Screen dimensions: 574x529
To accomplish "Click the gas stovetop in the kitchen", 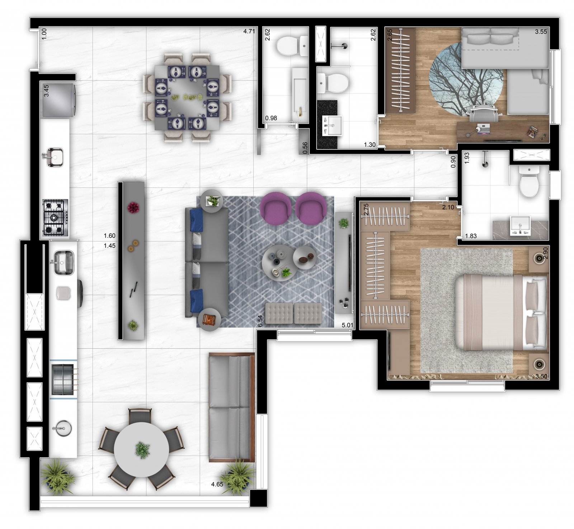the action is point(55,218).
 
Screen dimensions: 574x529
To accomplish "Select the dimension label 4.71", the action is point(249,31).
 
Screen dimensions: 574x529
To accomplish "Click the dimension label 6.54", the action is point(260,321).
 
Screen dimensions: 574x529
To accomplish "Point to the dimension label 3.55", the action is point(541,32).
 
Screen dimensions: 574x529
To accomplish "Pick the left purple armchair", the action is point(276,208).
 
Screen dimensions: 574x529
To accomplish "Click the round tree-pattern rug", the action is point(466,79).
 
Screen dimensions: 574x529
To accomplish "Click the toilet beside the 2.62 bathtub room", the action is point(293,46).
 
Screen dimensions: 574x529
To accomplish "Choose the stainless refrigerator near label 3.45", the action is point(59,101).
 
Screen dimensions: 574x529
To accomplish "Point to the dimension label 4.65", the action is point(217,484).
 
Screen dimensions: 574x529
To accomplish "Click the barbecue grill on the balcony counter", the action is point(64,379).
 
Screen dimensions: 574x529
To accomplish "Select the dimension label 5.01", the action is point(347,325).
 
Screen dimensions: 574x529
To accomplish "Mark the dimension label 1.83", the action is point(471,236).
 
